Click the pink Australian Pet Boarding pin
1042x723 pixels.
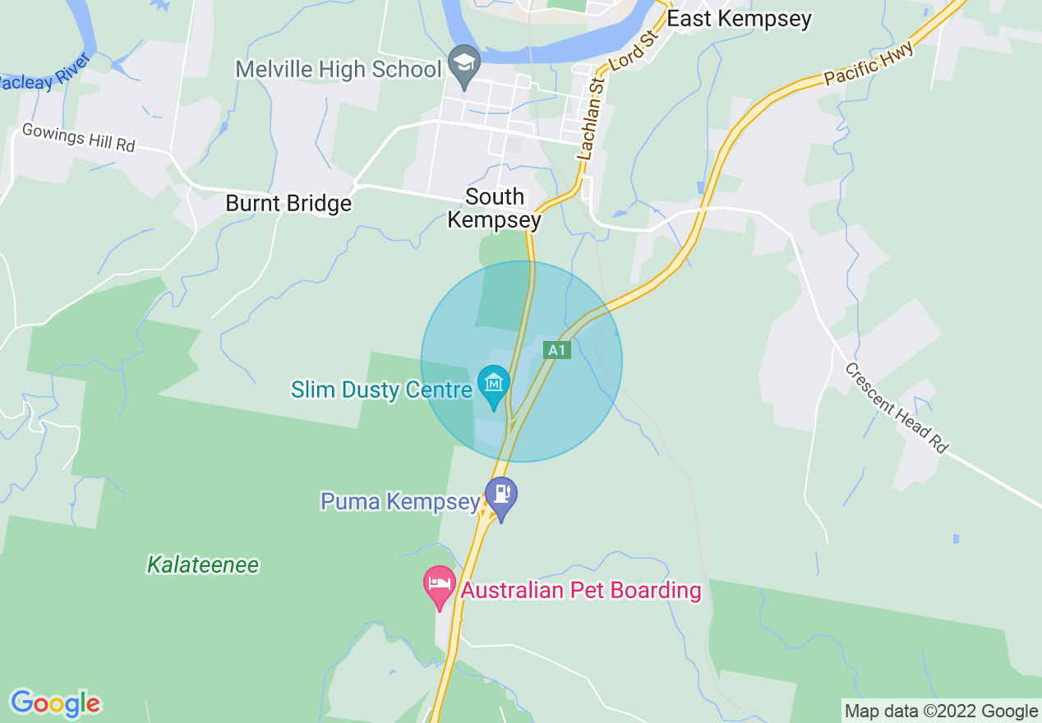440,585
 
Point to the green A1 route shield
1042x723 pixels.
557,351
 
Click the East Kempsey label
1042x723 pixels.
739,19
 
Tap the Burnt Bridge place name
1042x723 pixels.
288,203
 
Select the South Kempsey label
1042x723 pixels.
494,209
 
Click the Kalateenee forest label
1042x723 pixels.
203,565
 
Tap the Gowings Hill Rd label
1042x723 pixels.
78,137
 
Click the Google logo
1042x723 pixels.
55,703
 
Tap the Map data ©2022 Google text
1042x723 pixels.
941,711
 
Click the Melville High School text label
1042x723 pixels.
339,69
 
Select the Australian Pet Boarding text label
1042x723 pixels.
580,590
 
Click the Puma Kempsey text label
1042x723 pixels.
400,501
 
